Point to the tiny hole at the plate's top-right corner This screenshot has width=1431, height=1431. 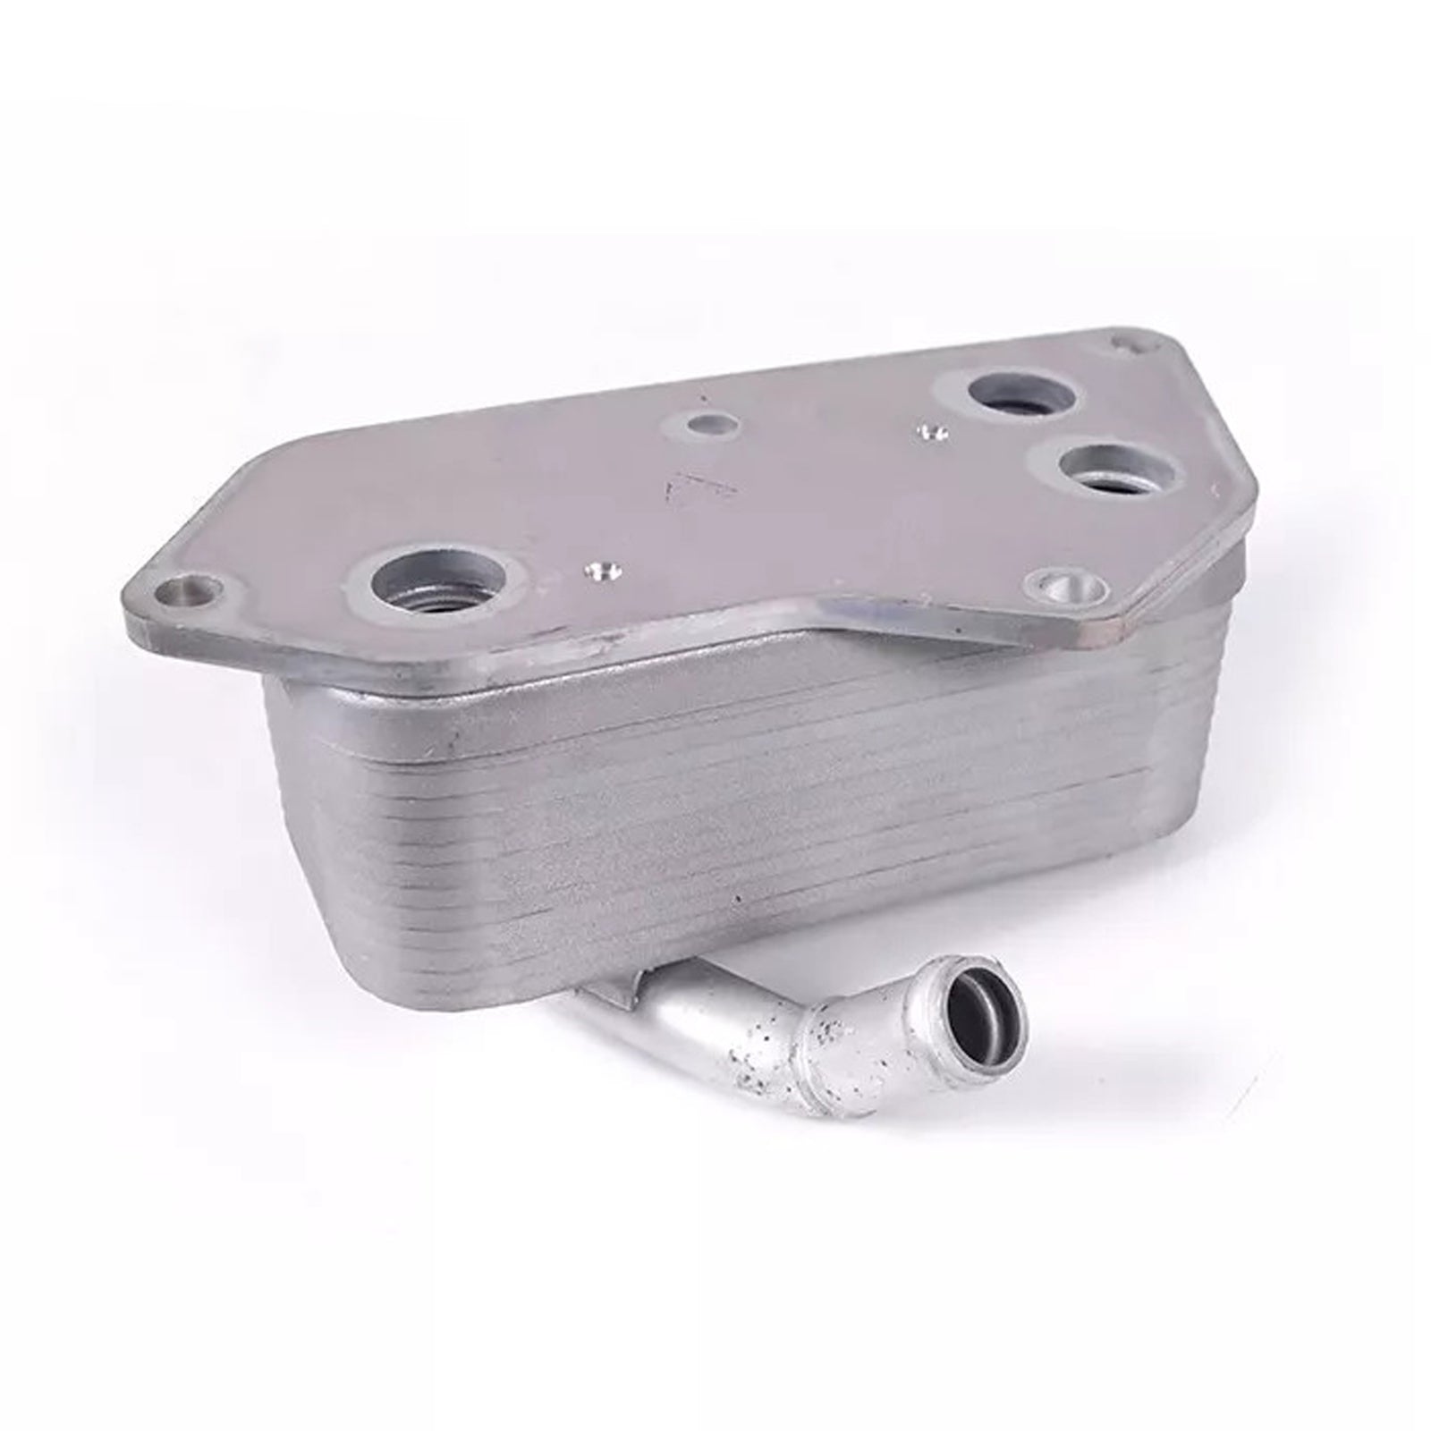coord(1123,343)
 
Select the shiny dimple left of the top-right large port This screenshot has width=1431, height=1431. coord(931,433)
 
